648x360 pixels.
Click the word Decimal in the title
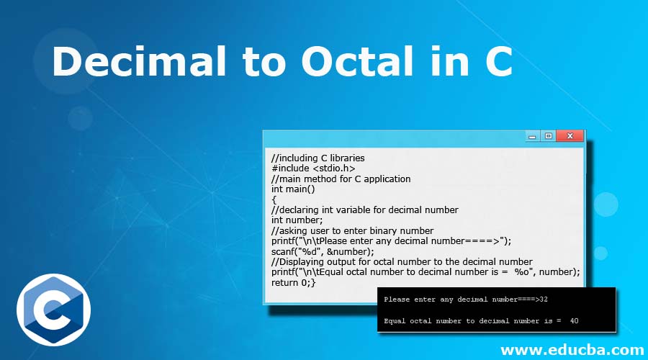pyautogui.click(x=139, y=61)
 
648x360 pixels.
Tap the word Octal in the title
pyautogui.click(x=358, y=61)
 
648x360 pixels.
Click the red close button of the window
pyautogui.click(x=570, y=135)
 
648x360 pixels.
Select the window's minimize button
pyautogui.click(x=532, y=136)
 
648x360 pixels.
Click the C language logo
pyautogui.click(x=54, y=310)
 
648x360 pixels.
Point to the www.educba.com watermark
pyautogui.click(x=572, y=350)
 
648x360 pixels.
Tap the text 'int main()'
pyautogui.click(x=293, y=189)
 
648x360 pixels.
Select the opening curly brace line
pyautogui.click(x=274, y=199)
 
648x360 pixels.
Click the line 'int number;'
pyautogui.click(x=297, y=220)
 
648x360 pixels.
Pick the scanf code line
pyautogui.click(x=323, y=251)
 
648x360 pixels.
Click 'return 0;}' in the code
pyautogui.click(x=294, y=282)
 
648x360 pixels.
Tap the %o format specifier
pyautogui.click(x=521, y=271)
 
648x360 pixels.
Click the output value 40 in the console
pyautogui.click(x=574, y=320)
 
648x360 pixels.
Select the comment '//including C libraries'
pyautogui.click(x=318, y=158)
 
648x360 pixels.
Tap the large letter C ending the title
pyautogui.click(x=498, y=61)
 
